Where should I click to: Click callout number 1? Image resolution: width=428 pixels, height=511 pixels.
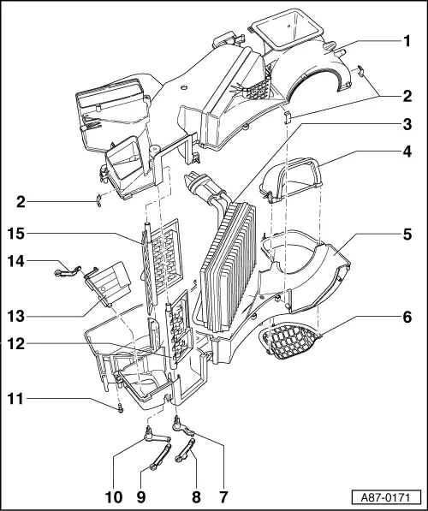click(408, 40)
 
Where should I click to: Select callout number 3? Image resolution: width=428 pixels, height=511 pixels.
click(408, 123)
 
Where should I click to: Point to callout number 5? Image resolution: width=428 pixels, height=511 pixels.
click(408, 232)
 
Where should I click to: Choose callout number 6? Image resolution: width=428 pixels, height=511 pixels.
click(408, 314)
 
